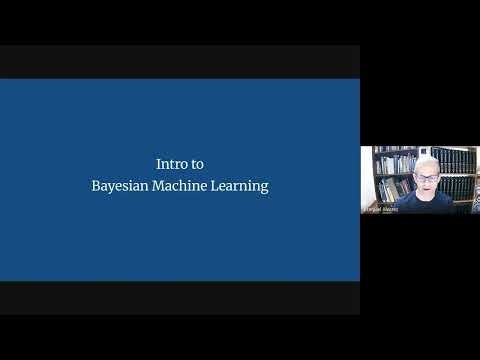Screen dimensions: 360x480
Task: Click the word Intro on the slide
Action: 172,162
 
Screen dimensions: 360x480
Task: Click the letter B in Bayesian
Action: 95,186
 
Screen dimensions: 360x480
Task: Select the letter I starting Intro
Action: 159,162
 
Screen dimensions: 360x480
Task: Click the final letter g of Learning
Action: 264,189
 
